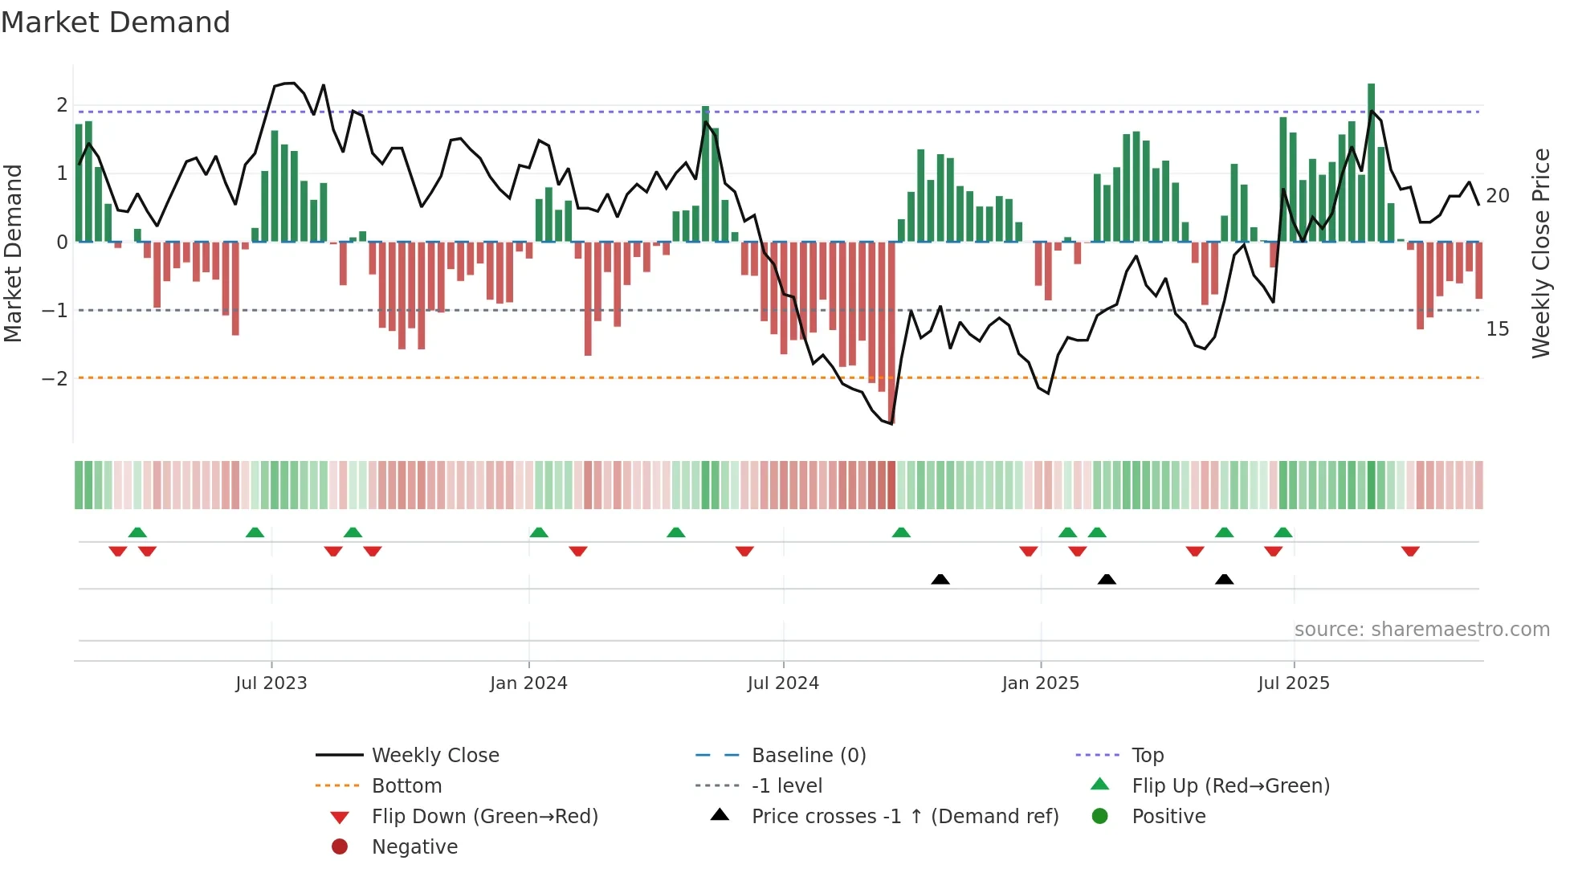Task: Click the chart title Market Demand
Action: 116,22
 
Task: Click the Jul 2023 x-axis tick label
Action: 271,683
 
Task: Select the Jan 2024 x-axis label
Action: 528,683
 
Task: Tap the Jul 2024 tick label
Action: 783,683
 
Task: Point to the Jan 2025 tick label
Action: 1041,683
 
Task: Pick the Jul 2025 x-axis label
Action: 1294,683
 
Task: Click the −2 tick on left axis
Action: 55,378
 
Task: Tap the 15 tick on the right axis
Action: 1497,329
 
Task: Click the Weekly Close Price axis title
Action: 1540,253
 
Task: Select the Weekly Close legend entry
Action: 434,756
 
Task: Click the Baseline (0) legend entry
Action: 808,756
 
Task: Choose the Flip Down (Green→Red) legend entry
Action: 484,817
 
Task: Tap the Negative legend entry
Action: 414,847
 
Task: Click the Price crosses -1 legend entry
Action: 904,817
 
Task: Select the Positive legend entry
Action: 1168,817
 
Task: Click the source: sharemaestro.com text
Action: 1421,630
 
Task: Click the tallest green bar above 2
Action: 1371,161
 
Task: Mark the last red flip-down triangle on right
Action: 1410,551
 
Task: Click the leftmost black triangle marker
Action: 940,579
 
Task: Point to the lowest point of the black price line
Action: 891,423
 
